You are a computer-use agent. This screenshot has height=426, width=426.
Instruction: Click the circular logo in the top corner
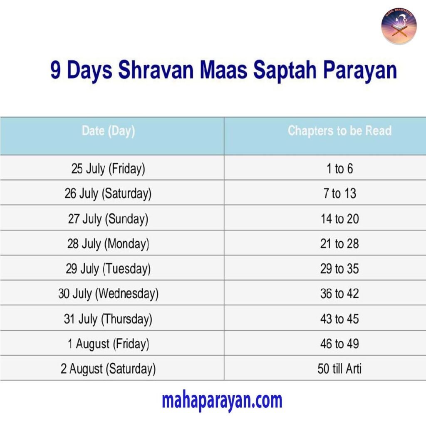point(399,26)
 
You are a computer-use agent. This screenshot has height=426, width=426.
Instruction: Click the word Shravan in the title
point(156,70)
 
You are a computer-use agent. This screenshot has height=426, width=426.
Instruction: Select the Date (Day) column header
point(109,131)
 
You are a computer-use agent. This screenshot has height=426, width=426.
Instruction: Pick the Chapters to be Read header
point(339,131)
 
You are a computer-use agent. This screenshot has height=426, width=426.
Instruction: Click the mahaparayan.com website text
point(222,401)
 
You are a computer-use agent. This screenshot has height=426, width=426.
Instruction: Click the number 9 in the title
point(55,70)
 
